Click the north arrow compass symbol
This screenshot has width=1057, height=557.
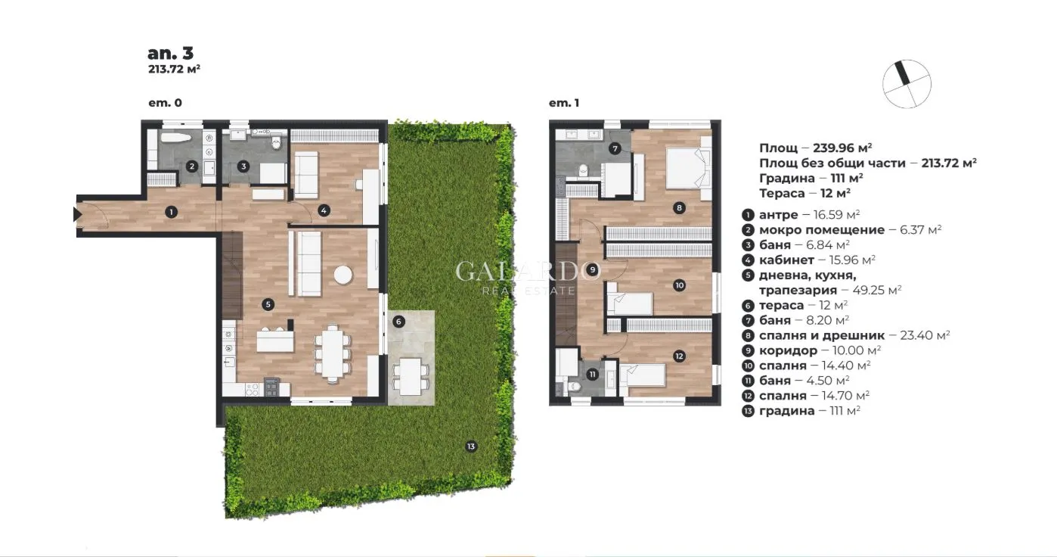(x=907, y=83)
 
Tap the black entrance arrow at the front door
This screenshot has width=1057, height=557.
(x=77, y=214)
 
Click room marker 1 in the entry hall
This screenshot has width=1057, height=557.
(x=172, y=212)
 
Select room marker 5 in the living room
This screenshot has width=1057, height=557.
(x=268, y=304)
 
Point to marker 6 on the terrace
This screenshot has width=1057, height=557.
(x=399, y=321)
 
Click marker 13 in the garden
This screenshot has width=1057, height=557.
(x=470, y=447)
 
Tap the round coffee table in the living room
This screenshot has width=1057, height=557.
(x=344, y=274)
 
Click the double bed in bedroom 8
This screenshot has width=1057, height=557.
(x=688, y=167)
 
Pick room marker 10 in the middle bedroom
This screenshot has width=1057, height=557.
(x=679, y=285)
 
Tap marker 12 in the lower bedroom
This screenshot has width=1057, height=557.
(x=679, y=356)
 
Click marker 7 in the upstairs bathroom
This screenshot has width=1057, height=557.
(x=615, y=148)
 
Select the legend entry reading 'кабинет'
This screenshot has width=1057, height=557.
(x=786, y=260)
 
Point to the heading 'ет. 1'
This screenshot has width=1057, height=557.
(x=563, y=103)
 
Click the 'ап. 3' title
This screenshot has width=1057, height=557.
(x=170, y=53)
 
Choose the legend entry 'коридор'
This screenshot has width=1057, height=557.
(x=788, y=350)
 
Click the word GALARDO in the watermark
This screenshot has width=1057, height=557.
(x=528, y=272)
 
